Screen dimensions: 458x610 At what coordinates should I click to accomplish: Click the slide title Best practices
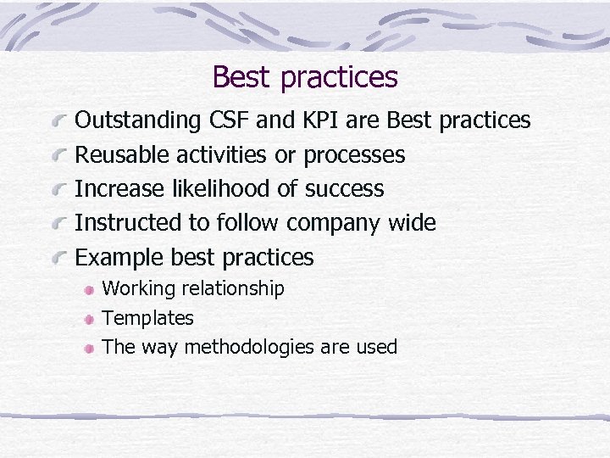click(x=305, y=77)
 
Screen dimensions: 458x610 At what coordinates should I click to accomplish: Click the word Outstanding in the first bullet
click(x=139, y=120)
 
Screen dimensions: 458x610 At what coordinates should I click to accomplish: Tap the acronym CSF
click(x=229, y=120)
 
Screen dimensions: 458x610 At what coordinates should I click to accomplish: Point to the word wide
click(x=411, y=223)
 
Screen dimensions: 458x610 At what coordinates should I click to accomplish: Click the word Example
click(x=119, y=257)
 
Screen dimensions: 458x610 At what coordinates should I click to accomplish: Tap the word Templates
click(x=147, y=318)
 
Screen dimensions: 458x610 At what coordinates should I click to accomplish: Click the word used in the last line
click(x=376, y=347)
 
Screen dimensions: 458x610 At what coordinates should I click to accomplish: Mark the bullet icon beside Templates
click(x=89, y=319)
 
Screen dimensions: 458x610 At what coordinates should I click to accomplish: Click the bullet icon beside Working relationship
click(x=89, y=289)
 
